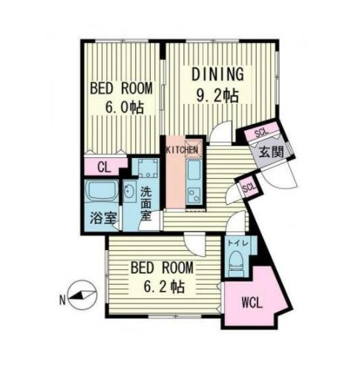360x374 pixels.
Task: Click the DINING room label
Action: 219,74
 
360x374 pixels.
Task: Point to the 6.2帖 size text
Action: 162,285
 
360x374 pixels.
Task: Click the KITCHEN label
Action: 182,150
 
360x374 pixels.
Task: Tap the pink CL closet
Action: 102,166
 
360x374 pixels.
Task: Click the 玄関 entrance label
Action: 267,151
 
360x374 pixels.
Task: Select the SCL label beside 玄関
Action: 261,134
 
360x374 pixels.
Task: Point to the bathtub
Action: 100,195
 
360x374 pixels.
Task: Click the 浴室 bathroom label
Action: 100,220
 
